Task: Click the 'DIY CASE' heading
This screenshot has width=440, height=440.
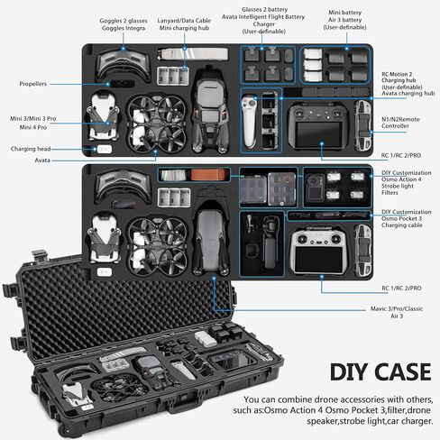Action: tap(380, 372)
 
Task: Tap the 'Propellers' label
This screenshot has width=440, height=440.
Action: tap(33, 84)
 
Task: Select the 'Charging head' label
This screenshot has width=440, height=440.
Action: tap(31, 149)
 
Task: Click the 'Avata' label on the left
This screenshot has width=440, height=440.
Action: tap(42, 160)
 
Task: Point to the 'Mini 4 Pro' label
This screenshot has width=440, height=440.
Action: tap(33, 127)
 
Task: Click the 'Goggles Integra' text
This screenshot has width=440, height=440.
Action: tap(124, 28)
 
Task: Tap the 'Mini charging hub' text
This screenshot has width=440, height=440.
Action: tap(184, 28)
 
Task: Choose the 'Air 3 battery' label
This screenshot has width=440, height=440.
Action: tap(344, 20)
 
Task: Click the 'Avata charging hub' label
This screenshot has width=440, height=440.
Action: tap(408, 94)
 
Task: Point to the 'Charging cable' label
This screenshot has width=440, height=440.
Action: tap(402, 225)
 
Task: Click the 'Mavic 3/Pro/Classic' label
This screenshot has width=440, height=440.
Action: tap(397, 308)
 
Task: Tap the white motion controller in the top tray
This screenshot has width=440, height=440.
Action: tap(249, 121)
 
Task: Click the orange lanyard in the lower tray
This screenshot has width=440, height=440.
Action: tap(209, 175)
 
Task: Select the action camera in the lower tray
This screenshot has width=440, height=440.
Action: tap(315, 188)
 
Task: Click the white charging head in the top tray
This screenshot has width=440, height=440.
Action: tap(104, 149)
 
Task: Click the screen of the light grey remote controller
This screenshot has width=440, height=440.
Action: tap(318, 259)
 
